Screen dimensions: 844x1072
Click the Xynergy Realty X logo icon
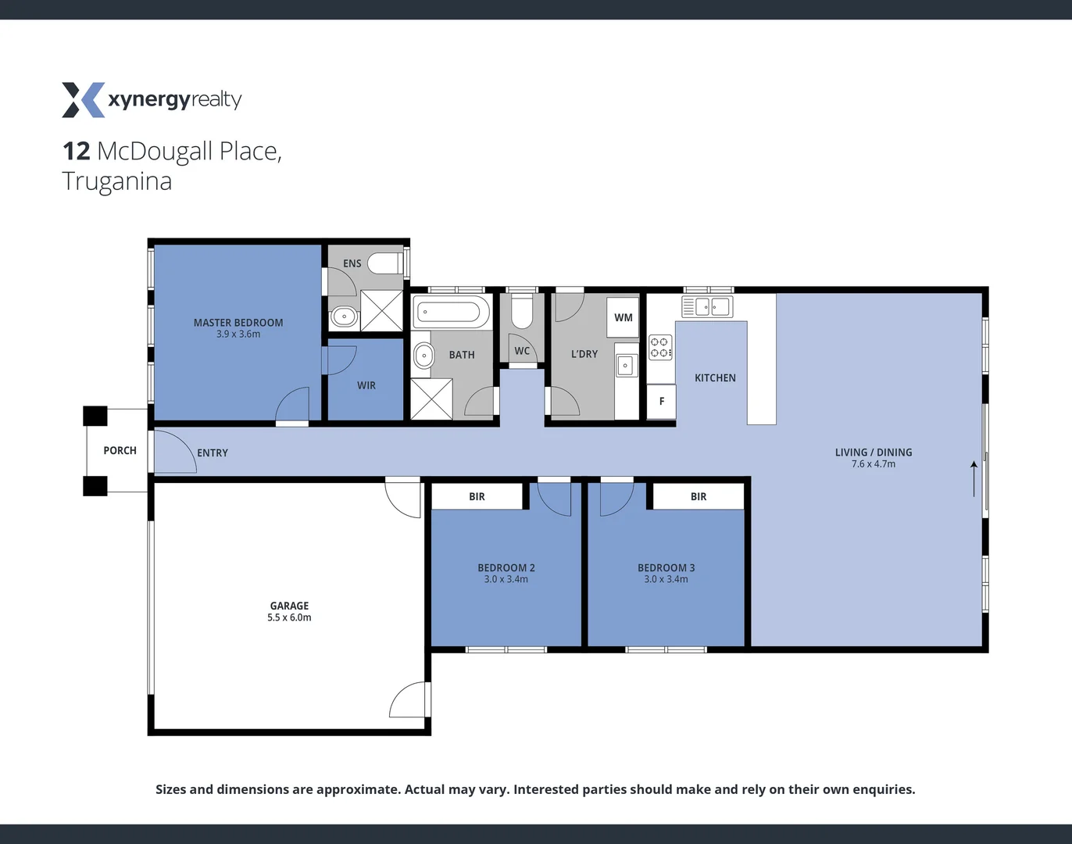[83, 100]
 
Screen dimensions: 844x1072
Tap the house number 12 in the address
[77, 151]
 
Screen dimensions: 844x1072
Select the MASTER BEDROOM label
[238, 323]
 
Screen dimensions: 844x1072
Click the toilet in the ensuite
[384, 263]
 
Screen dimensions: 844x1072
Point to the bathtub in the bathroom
[450, 312]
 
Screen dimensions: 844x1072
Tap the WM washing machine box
[623, 317]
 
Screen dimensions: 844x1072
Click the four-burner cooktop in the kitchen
[660, 348]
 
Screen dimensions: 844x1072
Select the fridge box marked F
[662, 401]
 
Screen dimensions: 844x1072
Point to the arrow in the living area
[974, 478]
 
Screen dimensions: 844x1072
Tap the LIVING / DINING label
[874, 452]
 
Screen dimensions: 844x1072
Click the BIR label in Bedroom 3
[699, 497]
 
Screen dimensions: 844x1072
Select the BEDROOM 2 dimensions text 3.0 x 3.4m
[506, 579]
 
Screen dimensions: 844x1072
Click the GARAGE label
[289, 606]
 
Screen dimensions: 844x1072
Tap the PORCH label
[120, 451]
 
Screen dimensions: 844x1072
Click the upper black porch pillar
[95, 416]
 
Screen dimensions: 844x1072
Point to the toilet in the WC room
[522, 312]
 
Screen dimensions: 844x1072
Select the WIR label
[366, 385]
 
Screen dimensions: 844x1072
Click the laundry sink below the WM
[625, 365]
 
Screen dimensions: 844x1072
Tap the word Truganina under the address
[117, 181]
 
